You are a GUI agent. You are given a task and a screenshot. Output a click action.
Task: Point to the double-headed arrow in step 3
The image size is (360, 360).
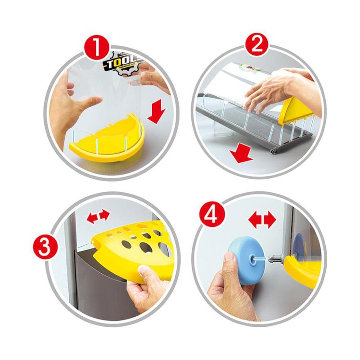point(98,217)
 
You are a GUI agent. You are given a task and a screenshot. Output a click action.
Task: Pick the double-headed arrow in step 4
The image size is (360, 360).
point(262,220)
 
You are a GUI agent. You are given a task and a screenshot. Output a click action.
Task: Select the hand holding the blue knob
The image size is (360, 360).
point(227,283)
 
